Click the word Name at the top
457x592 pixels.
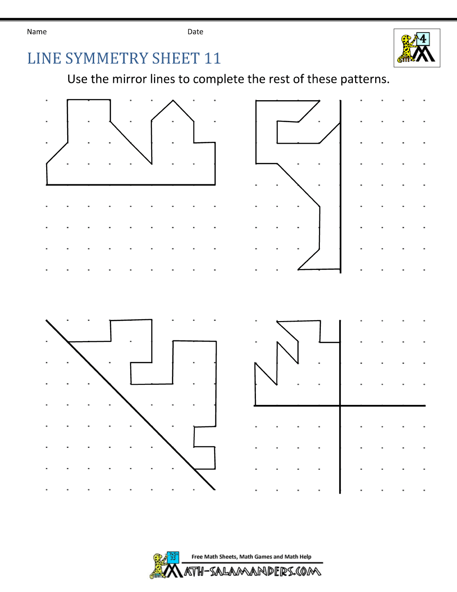coord(37,32)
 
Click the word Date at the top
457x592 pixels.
coord(195,32)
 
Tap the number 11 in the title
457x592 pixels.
coord(213,59)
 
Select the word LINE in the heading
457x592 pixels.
coord(44,59)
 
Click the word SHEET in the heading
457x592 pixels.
coord(176,59)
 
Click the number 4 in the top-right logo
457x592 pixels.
coord(423,39)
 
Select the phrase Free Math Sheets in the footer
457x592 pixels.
coord(214,557)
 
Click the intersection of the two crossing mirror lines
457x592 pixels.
coord(340,405)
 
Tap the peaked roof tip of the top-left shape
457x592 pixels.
coord(173,101)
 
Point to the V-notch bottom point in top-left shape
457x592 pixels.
coord(152,164)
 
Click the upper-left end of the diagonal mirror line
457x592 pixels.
coord(46,320)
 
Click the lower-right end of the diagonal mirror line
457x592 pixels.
coord(215,490)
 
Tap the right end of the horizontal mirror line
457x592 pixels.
coord(425,405)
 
